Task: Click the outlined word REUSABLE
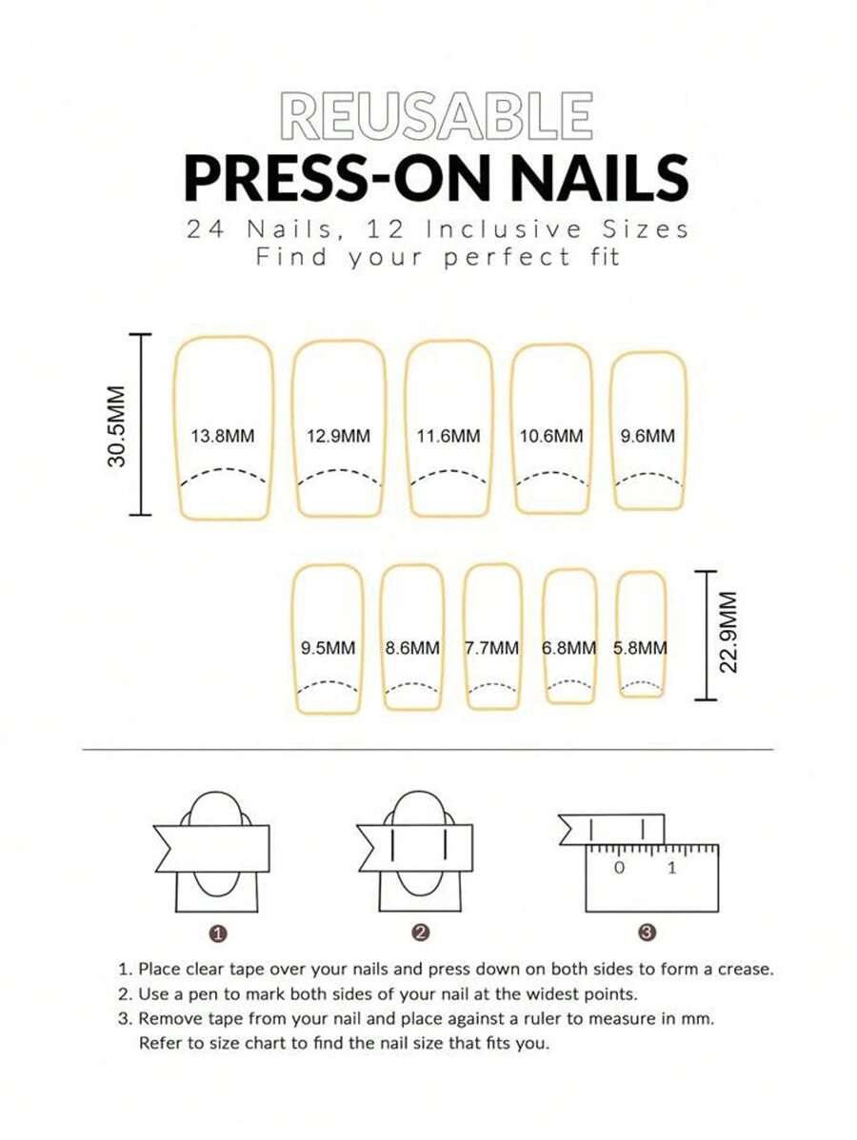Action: (437, 117)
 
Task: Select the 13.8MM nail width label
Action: (223, 437)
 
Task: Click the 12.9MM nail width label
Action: (338, 437)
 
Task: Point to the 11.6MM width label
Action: (448, 437)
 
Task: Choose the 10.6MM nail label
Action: (551, 437)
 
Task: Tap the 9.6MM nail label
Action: (648, 437)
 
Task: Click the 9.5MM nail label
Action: (328, 648)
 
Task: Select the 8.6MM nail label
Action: (412, 648)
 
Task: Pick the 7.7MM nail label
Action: (492, 648)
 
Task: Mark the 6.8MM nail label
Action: (569, 648)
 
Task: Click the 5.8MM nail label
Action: (640, 648)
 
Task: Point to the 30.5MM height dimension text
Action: (116, 425)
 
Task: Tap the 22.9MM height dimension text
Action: (728, 633)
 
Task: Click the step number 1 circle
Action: (218, 934)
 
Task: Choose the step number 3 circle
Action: (648, 934)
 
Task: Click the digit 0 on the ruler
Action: (620, 868)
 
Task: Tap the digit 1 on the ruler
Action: (672, 868)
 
